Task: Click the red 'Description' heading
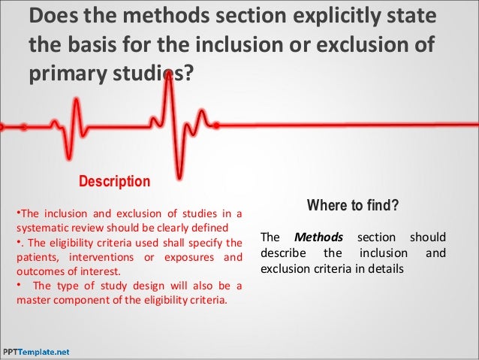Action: [115, 182]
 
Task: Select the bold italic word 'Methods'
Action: [318, 237]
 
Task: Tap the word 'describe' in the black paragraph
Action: [282, 252]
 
